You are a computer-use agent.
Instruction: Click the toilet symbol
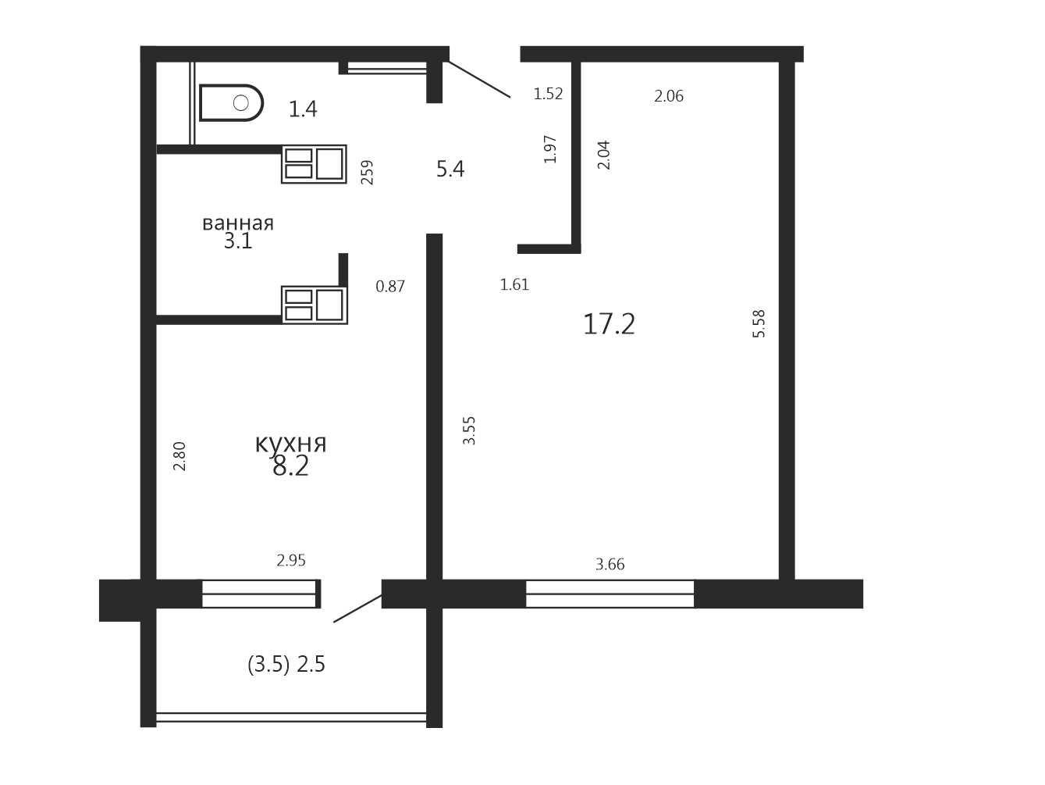click(231, 102)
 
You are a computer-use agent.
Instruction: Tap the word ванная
click(238, 223)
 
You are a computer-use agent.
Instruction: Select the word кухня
click(291, 444)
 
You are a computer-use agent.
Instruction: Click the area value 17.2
click(609, 324)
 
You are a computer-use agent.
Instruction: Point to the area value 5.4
click(450, 169)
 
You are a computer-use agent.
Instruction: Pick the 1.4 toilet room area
click(303, 109)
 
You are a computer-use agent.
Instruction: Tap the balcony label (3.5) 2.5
click(286, 664)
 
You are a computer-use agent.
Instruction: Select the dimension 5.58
click(759, 324)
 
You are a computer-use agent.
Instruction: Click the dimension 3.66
click(610, 565)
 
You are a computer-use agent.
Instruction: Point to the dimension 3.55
click(469, 430)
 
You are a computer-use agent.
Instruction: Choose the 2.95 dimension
click(291, 561)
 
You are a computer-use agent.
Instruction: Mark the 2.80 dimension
click(179, 456)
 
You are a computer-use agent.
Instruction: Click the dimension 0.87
click(390, 287)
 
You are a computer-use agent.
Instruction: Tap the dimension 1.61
click(514, 284)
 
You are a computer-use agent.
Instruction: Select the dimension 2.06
click(669, 96)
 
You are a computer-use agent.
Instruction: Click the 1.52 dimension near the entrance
click(548, 94)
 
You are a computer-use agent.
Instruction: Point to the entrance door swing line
click(479, 79)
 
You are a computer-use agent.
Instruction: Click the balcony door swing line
click(358, 608)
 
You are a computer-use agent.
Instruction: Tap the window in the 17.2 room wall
click(610, 594)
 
